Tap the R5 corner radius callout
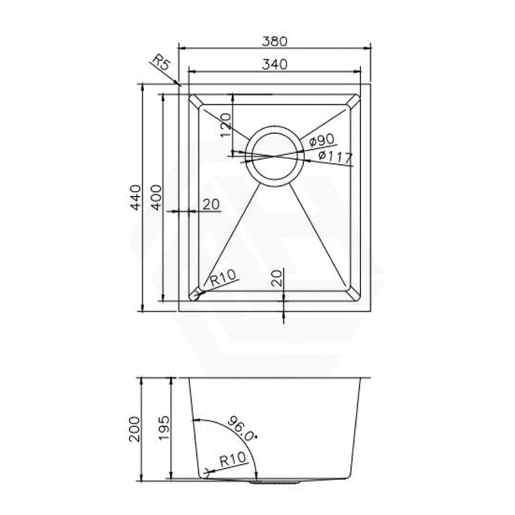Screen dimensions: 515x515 coord(160,64)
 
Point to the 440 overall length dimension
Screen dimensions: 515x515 coord(135,198)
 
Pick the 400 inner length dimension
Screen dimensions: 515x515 coord(156,198)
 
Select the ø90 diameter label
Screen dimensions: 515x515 coord(320,140)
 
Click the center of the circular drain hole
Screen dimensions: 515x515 coord(274,155)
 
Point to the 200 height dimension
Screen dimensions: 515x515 coord(135,428)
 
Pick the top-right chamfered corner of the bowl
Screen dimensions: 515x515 coord(353,101)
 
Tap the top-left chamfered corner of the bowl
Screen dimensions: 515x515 coord(195,101)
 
